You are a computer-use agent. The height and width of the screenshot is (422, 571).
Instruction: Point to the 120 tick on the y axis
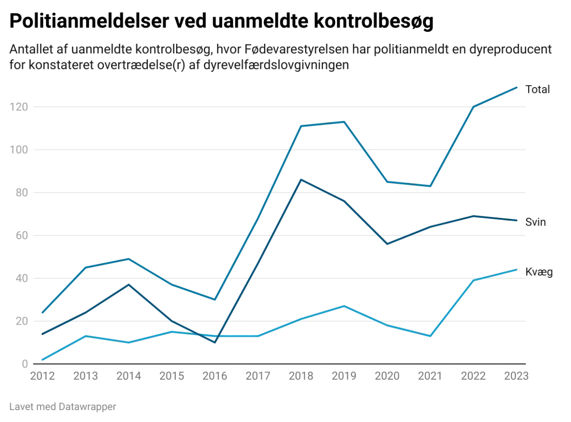[x=21, y=108]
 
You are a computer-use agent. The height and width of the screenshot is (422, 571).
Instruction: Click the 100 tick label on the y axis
[x=21, y=150]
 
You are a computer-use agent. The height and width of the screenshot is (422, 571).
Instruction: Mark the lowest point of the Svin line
[x=214, y=342]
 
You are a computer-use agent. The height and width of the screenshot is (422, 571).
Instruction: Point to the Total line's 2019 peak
[x=344, y=121]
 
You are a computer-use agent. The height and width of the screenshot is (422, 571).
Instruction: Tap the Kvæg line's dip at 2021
[x=430, y=336]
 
